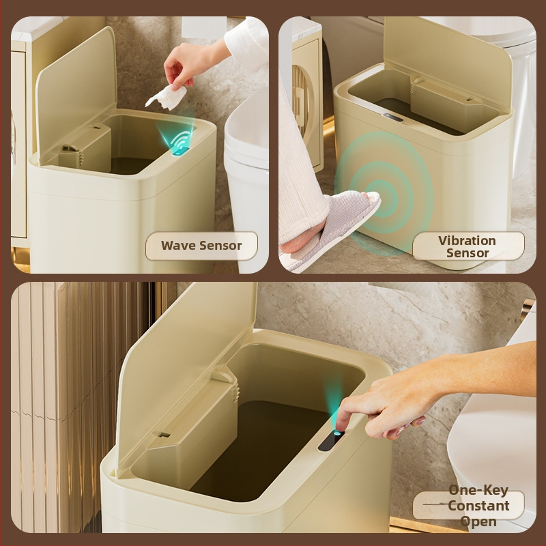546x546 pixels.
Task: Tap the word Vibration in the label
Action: point(467,241)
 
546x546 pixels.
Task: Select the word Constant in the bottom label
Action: point(478,506)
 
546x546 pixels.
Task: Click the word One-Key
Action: point(478,490)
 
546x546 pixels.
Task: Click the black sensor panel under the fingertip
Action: point(331,441)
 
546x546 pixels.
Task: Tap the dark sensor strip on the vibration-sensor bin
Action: point(393,117)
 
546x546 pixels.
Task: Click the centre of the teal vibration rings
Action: point(384,199)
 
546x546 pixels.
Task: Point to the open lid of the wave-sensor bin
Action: point(76,94)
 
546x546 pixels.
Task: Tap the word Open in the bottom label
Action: point(478,522)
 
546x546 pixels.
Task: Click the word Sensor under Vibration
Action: point(468,253)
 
